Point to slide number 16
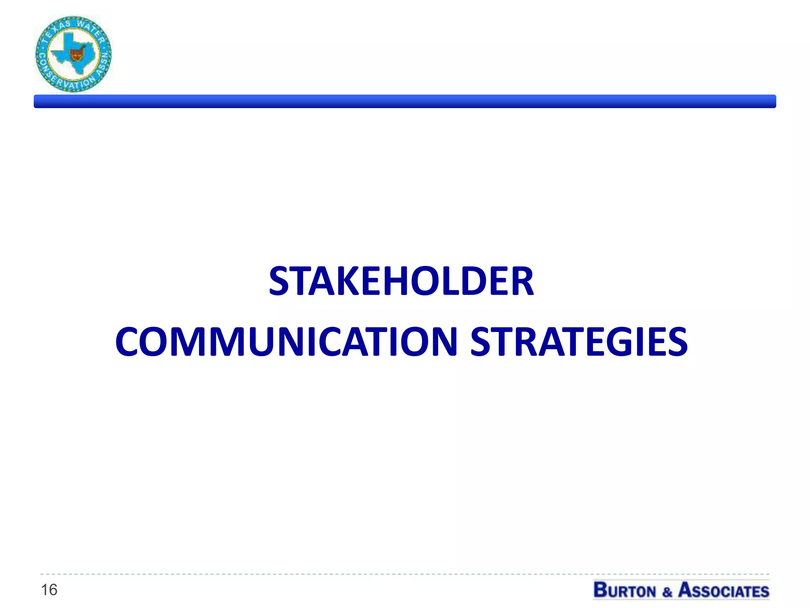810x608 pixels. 49,590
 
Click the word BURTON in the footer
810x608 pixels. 625,591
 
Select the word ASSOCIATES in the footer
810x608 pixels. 724,591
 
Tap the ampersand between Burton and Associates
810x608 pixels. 667,592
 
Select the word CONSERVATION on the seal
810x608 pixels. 63,77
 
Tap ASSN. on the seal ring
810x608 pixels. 103,63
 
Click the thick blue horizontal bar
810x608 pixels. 405,101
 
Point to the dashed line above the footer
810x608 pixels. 405,574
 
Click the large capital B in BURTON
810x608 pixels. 601,590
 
